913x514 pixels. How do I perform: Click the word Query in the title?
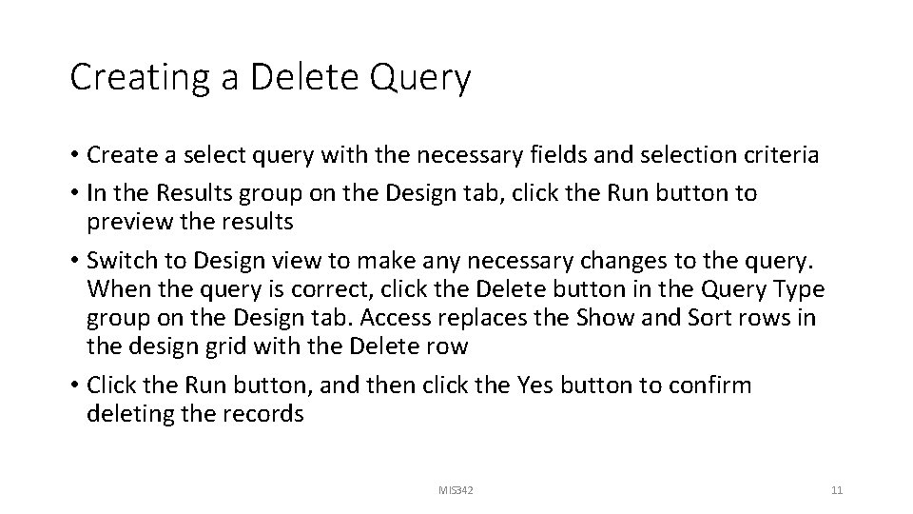click(x=424, y=79)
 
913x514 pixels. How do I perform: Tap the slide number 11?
click(x=837, y=490)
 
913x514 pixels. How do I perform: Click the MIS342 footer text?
click(x=456, y=490)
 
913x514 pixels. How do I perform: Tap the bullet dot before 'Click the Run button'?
click(x=74, y=386)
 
